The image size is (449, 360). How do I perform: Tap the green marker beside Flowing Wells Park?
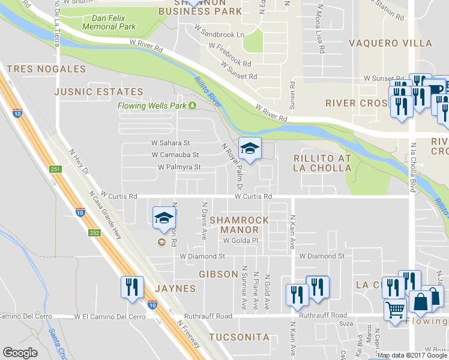point(193,106)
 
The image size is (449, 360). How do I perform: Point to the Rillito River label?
point(208,91)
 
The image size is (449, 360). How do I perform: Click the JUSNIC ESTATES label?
point(98,92)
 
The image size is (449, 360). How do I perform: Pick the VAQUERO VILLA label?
point(390,43)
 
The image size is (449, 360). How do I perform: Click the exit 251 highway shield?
point(55,169)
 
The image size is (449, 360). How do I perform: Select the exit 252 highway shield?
point(95,232)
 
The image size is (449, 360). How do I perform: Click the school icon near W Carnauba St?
point(250,149)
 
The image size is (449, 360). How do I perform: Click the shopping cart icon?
point(395,310)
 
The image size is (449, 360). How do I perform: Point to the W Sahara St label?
point(170,143)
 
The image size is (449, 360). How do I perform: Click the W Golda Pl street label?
point(240,241)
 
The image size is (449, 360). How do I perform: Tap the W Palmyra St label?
point(179,167)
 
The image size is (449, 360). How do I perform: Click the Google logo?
point(20,353)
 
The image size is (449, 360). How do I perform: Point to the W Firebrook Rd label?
point(231,62)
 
